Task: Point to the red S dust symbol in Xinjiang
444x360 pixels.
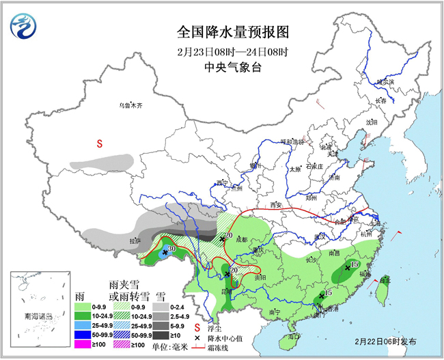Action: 99,144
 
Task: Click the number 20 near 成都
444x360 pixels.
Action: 229,236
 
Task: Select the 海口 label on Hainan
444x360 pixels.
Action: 294,336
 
